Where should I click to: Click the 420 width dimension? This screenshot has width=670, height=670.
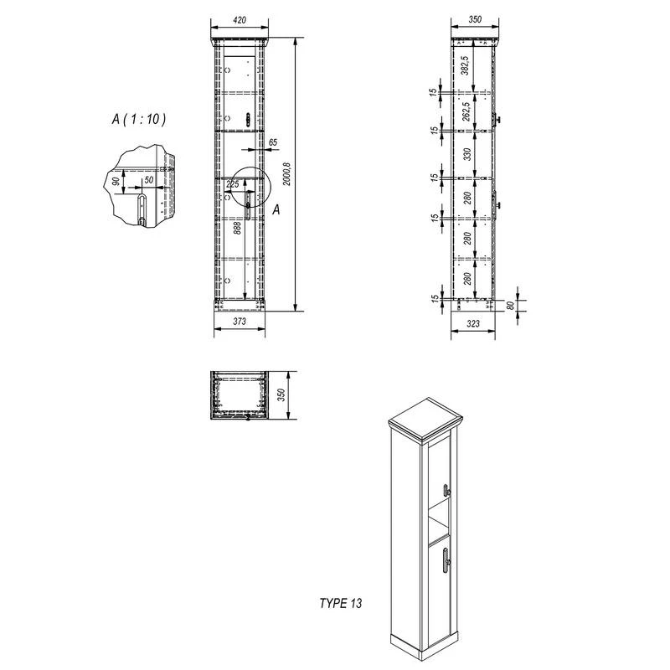pos(240,20)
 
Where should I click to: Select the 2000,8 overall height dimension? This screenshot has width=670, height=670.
pos(286,174)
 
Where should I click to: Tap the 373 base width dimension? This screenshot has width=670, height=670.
pos(240,322)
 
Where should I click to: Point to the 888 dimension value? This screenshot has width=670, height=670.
pos(238,228)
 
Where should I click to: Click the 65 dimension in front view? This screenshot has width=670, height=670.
pos(273,142)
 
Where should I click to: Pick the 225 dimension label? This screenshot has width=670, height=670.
pos(233,184)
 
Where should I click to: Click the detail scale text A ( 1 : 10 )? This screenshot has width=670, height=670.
pos(138,119)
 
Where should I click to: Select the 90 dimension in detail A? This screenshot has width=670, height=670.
pos(116,181)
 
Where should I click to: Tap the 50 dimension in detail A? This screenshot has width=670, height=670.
pos(149,180)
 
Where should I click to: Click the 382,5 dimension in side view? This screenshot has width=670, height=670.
pos(466,65)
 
